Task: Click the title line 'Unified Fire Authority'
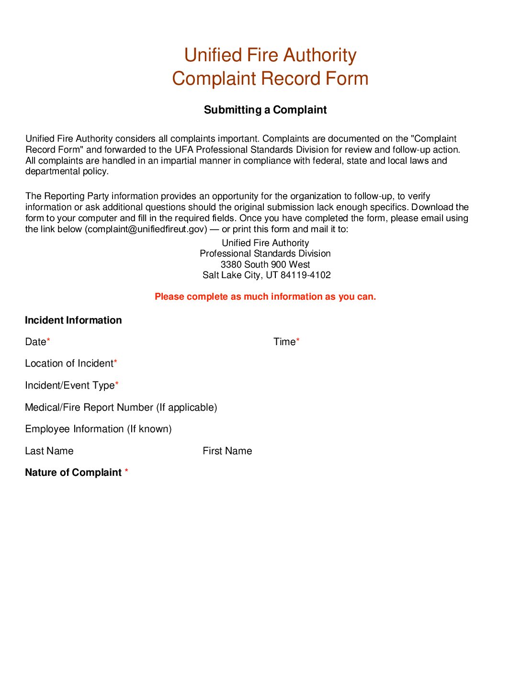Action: [270, 55]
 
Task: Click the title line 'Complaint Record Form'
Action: [270, 79]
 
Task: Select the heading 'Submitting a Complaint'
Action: [265, 110]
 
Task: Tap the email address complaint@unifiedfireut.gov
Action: [147, 229]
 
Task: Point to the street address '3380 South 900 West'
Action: [265, 264]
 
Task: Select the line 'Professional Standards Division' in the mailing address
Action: [265, 253]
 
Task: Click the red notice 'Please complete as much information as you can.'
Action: [265, 296]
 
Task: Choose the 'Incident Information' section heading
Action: [73, 320]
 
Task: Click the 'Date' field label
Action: [35, 342]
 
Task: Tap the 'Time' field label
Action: [284, 342]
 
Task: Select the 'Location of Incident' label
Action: [69, 363]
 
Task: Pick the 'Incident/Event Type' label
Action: [70, 385]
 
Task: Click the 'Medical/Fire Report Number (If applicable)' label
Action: [121, 407]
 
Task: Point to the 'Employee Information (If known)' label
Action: [98, 429]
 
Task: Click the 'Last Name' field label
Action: [49, 451]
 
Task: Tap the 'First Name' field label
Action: [227, 451]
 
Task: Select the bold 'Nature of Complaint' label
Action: [73, 472]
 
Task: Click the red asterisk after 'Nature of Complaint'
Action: [126, 471]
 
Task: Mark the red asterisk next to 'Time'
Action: [298, 340]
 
